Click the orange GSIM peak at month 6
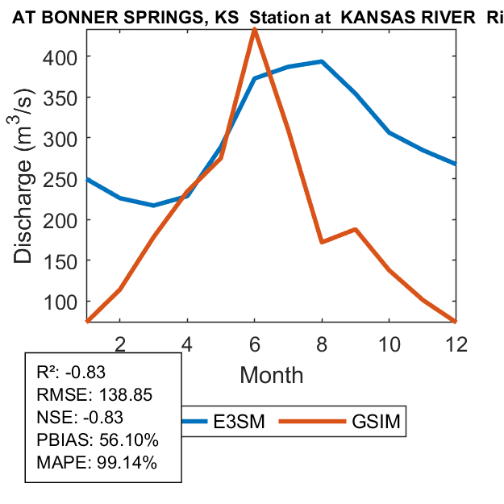click(x=255, y=29)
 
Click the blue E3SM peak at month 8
click(x=322, y=61)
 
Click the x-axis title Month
click(x=271, y=375)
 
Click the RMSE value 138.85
click(x=125, y=395)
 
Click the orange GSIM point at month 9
click(x=355, y=229)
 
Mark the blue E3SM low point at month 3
click(x=154, y=206)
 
